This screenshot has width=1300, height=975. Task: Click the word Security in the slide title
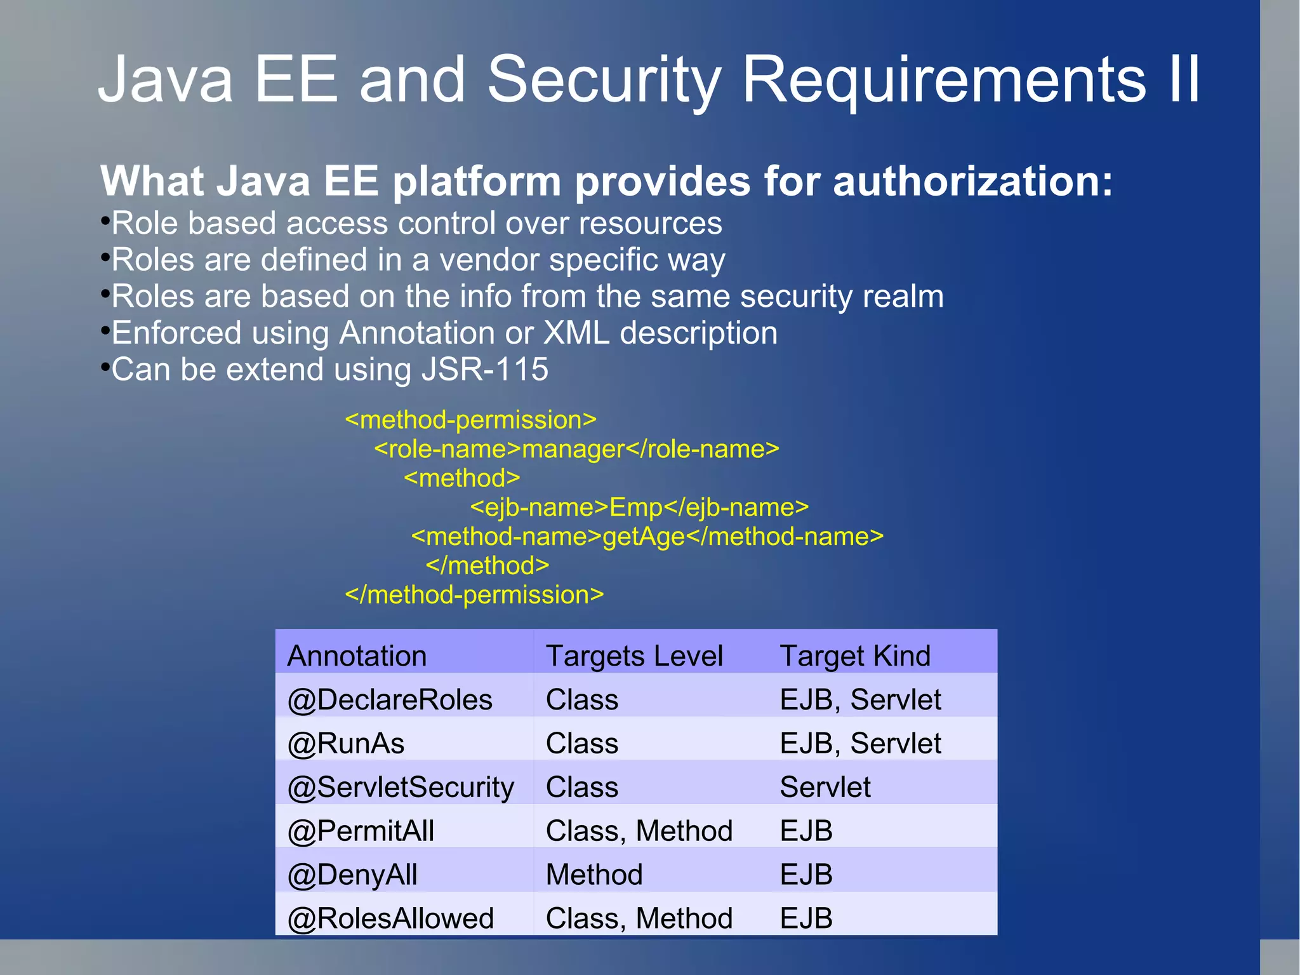point(604,79)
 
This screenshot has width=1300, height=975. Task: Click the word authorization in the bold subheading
point(972,182)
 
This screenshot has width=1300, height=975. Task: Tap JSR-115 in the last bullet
point(485,370)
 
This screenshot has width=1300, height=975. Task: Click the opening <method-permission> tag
point(470,420)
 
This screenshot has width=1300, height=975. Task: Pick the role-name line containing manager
point(576,449)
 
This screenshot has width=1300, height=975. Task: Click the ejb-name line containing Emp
point(639,508)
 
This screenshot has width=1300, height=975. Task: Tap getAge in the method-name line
point(643,537)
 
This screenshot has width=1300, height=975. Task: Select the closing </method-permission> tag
point(474,595)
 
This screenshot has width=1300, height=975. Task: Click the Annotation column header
point(357,656)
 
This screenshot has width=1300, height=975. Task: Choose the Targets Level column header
point(634,656)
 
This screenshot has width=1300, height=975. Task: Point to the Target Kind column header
point(854,656)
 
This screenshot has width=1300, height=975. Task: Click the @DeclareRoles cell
point(390,700)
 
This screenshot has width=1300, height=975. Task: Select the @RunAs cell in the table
point(346,744)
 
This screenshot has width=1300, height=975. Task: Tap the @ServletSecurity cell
point(401,788)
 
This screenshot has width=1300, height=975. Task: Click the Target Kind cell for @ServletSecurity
point(825,788)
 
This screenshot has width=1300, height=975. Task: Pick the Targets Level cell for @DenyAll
point(594,875)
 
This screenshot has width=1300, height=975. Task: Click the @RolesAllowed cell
point(390,918)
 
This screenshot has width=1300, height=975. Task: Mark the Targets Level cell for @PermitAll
point(639,831)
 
